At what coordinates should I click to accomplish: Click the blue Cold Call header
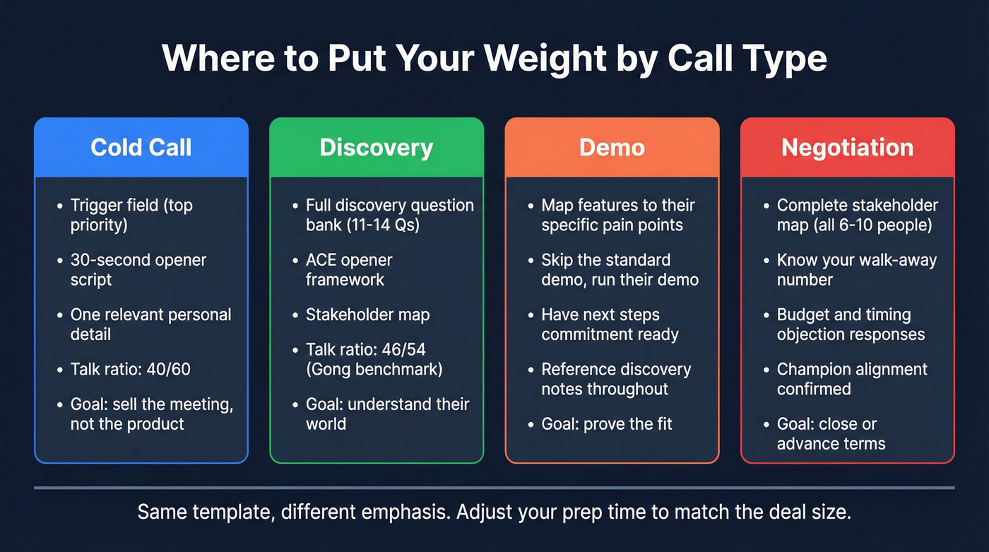tap(141, 147)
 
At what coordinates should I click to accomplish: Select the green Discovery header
tap(377, 147)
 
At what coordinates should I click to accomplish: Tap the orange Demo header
tap(612, 147)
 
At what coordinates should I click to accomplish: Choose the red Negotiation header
tap(847, 147)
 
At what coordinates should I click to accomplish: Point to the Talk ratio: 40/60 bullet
tap(131, 369)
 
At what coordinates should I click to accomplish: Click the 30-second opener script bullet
tap(138, 269)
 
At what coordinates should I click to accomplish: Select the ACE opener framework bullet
tap(349, 269)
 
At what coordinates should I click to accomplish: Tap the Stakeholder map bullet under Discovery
tap(367, 315)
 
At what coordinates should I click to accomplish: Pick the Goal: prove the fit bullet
tap(607, 424)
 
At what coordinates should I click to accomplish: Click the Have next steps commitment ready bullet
tap(610, 324)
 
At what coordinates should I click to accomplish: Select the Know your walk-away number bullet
tap(856, 269)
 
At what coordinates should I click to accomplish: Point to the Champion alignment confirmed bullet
tap(852, 379)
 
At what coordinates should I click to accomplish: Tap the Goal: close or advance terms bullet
tap(831, 434)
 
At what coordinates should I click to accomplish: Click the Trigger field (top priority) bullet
tap(131, 215)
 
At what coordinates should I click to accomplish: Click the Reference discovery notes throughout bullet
tap(616, 379)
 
